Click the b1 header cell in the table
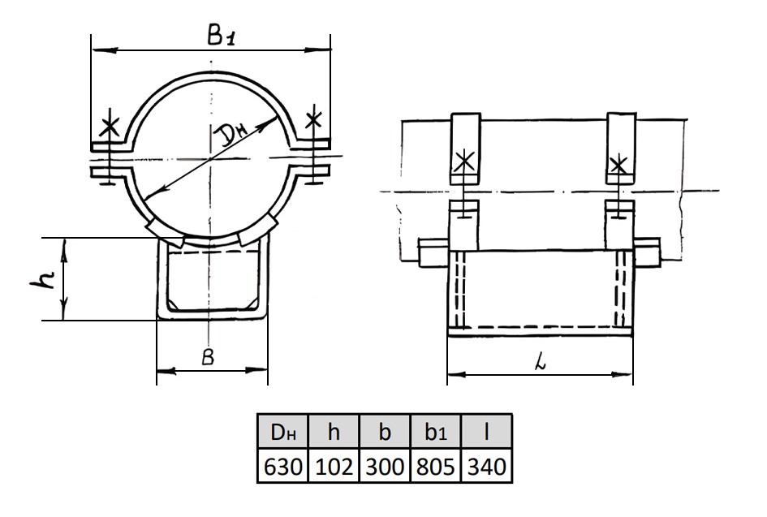click(436, 432)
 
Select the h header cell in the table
click(334, 432)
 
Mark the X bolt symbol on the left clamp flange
click(108, 129)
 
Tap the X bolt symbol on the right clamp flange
click(315, 121)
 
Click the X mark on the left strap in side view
click(465, 161)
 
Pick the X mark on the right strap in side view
click(619, 165)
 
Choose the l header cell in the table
click(486, 432)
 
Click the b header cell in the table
click(385, 432)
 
